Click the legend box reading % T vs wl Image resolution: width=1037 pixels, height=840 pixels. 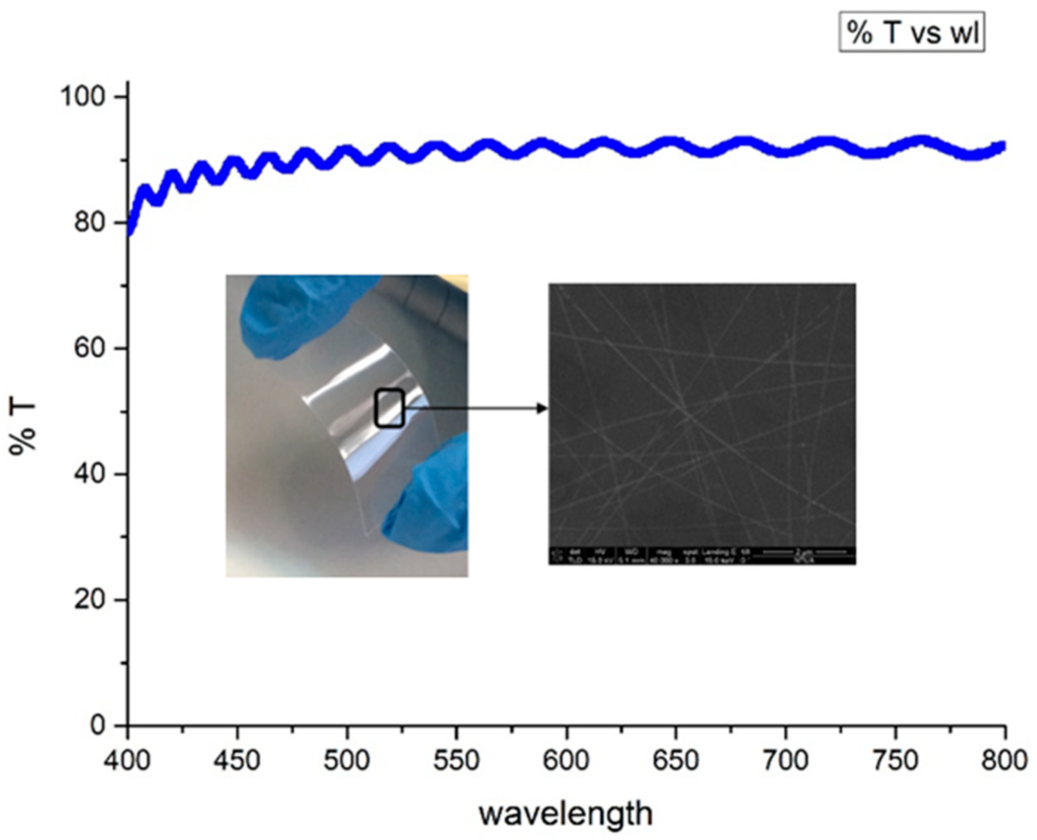[x=911, y=33]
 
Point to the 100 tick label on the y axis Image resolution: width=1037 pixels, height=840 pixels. [x=83, y=97]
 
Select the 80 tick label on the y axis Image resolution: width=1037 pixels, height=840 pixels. [x=90, y=223]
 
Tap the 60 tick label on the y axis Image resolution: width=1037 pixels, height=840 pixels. [x=90, y=348]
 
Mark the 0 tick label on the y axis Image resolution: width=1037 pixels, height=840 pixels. [x=98, y=725]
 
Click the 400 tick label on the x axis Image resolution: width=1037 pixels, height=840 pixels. [x=127, y=760]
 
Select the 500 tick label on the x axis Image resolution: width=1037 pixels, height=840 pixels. [x=347, y=760]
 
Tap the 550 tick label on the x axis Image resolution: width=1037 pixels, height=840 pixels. [x=456, y=760]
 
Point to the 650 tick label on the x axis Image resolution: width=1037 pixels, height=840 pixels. [x=676, y=760]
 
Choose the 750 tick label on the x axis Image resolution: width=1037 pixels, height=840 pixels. [x=895, y=760]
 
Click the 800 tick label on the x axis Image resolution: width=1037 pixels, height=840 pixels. [x=1004, y=760]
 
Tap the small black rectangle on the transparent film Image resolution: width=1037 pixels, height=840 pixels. [x=390, y=408]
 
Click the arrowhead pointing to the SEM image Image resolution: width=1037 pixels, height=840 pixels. [x=542, y=409]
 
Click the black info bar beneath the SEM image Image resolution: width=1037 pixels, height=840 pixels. [x=702, y=556]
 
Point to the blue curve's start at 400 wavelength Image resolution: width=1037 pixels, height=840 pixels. [x=129, y=232]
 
